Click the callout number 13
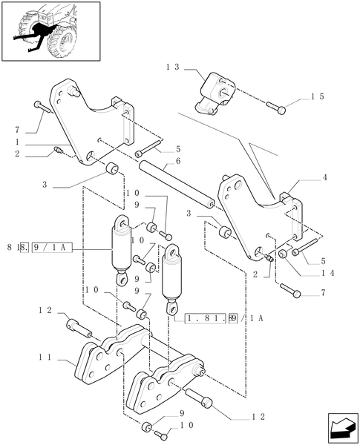(x=173, y=67)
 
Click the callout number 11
(x=45, y=357)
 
